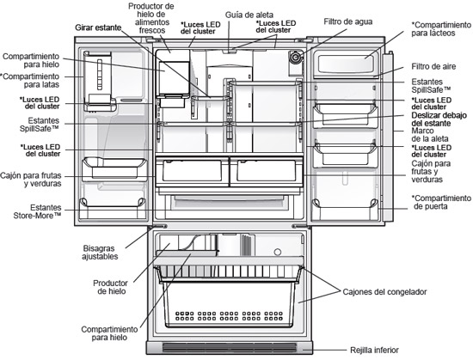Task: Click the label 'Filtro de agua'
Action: pos(347,21)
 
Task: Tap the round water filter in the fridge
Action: pos(295,57)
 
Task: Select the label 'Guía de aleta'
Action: pos(249,15)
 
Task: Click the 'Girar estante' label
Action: pos(98,27)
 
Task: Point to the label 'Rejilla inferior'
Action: pos(374,350)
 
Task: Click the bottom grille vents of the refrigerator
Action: pos(230,348)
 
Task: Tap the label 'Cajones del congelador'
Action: pos(384,292)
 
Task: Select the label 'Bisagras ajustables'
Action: pos(100,253)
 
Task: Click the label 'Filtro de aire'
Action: pos(433,66)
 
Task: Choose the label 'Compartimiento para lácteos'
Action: pos(441,29)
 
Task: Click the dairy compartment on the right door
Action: pos(346,64)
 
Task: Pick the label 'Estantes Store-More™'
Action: pos(37,211)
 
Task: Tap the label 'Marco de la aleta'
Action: pos(430,135)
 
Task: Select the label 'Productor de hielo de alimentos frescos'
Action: pos(151,18)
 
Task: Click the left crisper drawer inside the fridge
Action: pos(192,171)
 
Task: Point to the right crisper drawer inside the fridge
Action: pos(267,171)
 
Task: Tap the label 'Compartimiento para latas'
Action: pos(30,81)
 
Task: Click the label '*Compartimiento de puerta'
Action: pos(441,202)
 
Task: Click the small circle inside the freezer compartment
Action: pos(277,252)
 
